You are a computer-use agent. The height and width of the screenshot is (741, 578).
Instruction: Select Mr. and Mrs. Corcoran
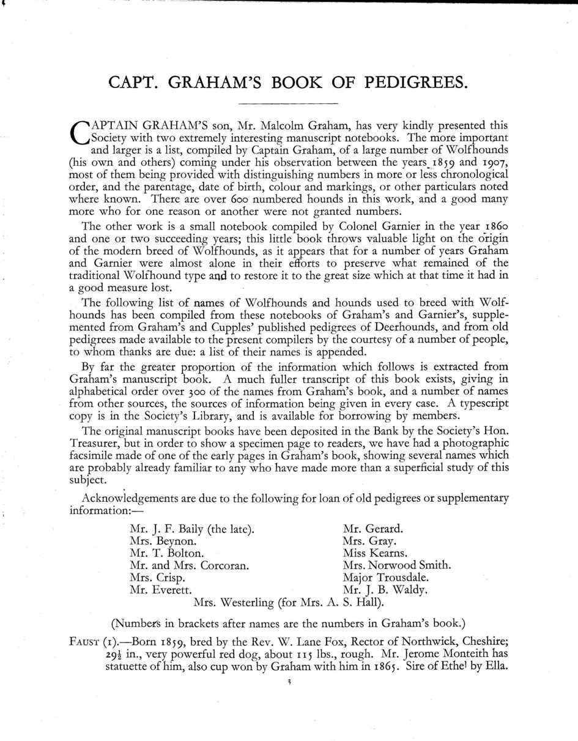click(190, 565)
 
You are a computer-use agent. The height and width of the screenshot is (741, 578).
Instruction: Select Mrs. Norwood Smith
click(398, 565)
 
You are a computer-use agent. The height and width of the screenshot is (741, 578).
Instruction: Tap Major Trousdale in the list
click(386, 578)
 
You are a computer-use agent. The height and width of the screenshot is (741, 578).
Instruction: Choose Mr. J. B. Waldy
click(385, 590)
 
